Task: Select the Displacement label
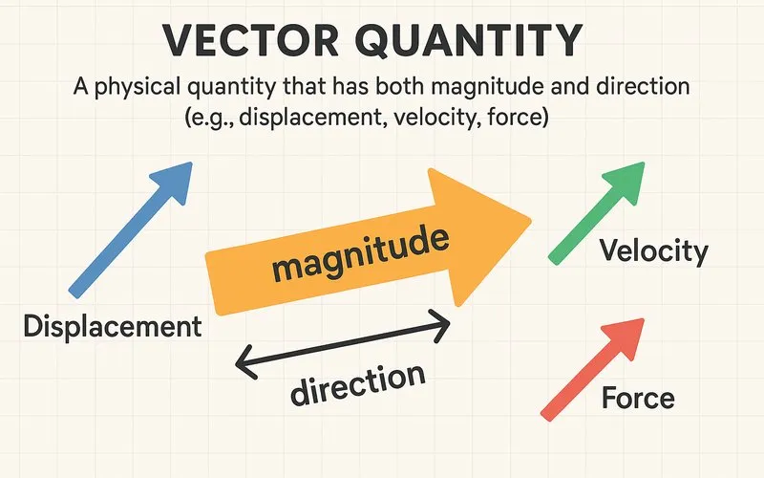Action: pyautogui.click(x=112, y=325)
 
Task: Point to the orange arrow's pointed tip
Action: pyautogui.click(x=528, y=221)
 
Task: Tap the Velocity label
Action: pyautogui.click(x=653, y=251)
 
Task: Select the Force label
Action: pyautogui.click(x=638, y=398)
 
